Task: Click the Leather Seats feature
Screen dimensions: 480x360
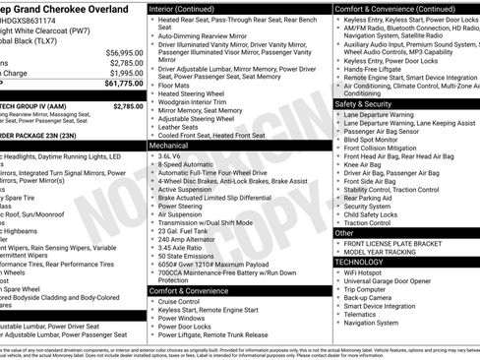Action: pyautogui.click(x=183, y=126)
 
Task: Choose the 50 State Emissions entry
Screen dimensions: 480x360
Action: pyautogui.click(x=189, y=258)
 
